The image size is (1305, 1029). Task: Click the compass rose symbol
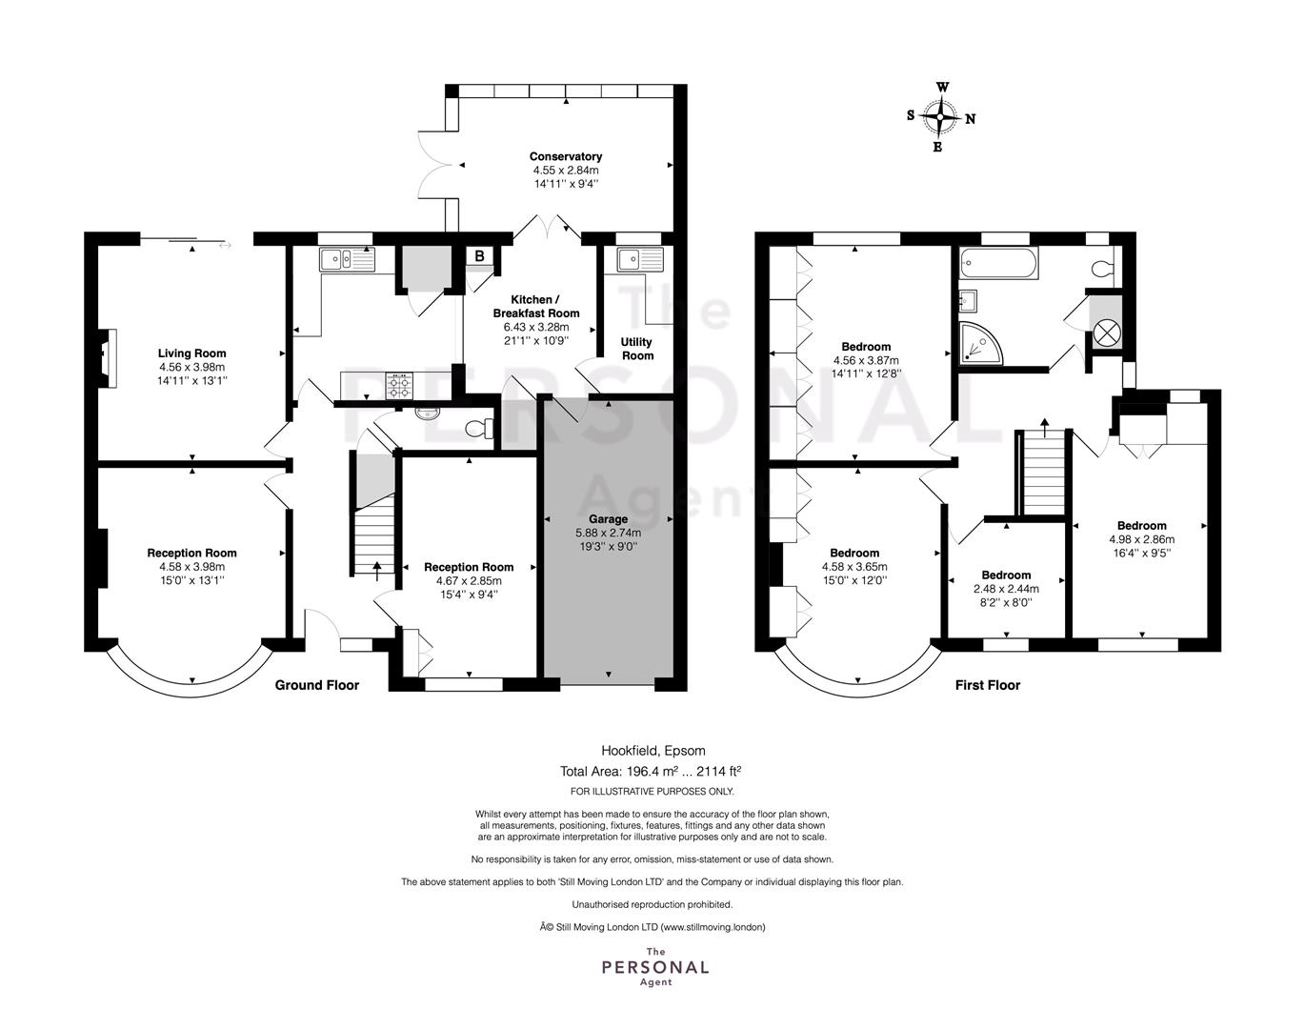(x=940, y=116)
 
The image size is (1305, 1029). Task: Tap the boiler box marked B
(x=479, y=256)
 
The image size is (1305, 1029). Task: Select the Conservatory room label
(x=565, y=156)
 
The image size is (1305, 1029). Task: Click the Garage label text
(x=609, y=519)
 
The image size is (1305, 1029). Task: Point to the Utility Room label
(x=636, y=349)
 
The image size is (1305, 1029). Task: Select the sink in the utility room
(x=641, y=260)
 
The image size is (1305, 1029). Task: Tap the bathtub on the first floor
(x=999, y=263)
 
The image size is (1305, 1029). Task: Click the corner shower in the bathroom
(x=980, y=343)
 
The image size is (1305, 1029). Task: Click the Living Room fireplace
(x=108, y=358)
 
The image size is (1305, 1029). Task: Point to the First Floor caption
(x=987, y=685)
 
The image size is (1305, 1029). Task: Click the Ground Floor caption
(x=316, y=685)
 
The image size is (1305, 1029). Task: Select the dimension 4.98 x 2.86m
(x=1142, y=539)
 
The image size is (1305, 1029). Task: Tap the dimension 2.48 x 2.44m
(x=1006, y=589)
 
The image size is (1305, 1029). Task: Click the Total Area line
(x=651, y=771)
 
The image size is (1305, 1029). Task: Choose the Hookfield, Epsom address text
(x=653, y=751)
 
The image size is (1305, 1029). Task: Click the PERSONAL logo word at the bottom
(x=655, y=967)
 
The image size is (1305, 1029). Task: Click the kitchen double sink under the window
(x=347, y=259)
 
